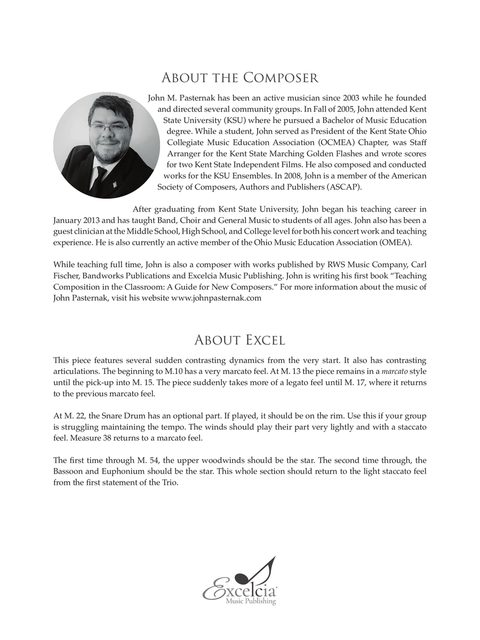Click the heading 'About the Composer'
pyautogui.click(x=239, y=78)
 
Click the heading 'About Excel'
pyautogui.click(x=239, y=340)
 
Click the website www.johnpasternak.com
pyautogui.click(x=216, y=298)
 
